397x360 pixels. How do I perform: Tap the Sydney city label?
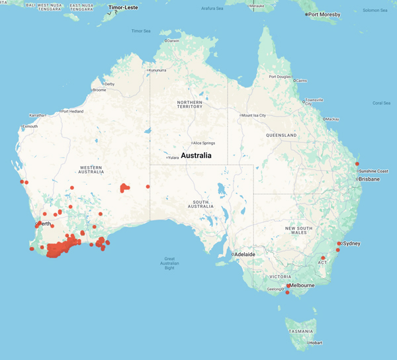[x=351, y=244]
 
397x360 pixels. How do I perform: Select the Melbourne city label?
[x=302, y=285]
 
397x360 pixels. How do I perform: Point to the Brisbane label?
[x=369, y=179]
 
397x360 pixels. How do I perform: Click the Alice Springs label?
[x=206, y=143]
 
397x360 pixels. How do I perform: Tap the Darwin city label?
[x=173, y=41]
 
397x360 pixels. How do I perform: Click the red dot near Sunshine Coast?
[x=357, y=163]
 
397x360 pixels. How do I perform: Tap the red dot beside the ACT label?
[x=323, y=258]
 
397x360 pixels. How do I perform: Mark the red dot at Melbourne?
[x=288, y=286]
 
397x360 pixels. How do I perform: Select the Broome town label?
[x=99, y=90]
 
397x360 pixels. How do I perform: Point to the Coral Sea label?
[x=381, y=103]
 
